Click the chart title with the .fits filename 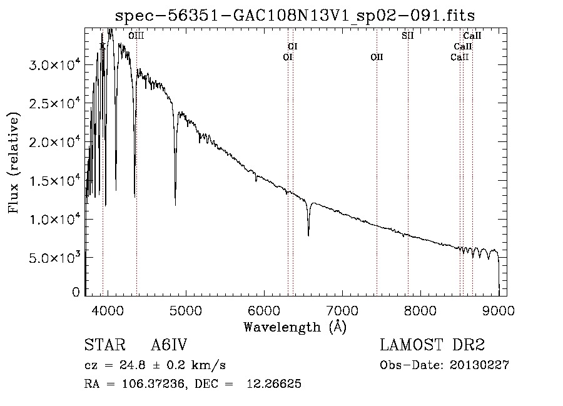(x=295, y=16)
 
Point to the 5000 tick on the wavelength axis (x=186, y=310)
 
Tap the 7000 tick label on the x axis (x=343, y=310)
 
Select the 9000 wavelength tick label (x=499, y=310)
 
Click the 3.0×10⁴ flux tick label (x=54, y=65)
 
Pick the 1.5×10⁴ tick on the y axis (x=54, y=181)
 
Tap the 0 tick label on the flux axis (x=76, y=292)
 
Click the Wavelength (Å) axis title (x=295, y=327)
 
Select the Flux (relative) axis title (x=13, y=163)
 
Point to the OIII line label (x=136, y=36)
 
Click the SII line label (x=407, y=36)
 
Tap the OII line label (x=377, y=57)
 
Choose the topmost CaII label (x=472, y=36)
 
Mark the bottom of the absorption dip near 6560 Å (x=308, y=235)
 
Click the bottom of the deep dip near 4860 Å (x=175, y=205)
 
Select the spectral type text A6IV (x=169, y=345)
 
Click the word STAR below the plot (x=104, y=345)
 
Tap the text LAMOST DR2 (x=432, y=345)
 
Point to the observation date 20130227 (x=479, y=365)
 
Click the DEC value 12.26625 (x=274, y=383)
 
